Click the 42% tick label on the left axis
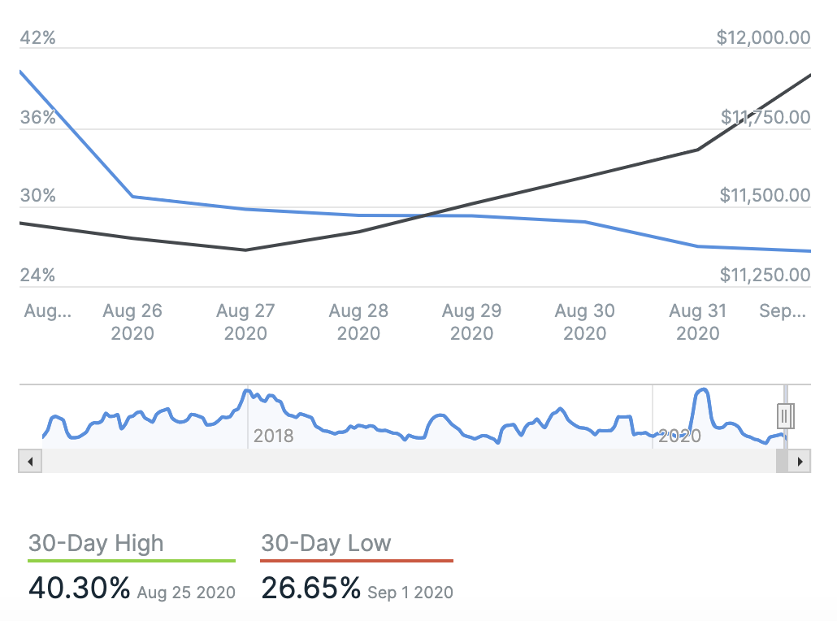pyautogui.click(x=37, y=37)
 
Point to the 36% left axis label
pyautogui.click(x=37, y=117)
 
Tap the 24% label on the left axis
pyautogui.click(x=37, y=275)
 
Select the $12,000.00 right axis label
pyautogui.click(x=763, y=37)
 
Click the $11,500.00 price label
pyautogui.click(x=765, y=196)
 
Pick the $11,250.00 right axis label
pyautogui.click(x=765, y=275)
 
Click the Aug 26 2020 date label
pyautogui.click(x=132, y=322)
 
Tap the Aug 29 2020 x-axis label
pyautogui.click(x=471, y=322)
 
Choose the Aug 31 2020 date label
pyautogui.click(x=697, y=322)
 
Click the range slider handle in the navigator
pyautogui.click(x=785, y=415)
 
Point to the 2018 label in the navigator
pyautogui.click(x=273, y=436)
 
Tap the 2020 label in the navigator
pyautogui.click(x=679, y=436)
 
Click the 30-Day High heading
pyautogui.click(x=96, y=543)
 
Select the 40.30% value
pyautogui.click(x=79, y=588)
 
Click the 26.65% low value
pyautogui.click(x=310, y=588)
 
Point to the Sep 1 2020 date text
pyautogui.click(x=410, y=592)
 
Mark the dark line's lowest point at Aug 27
pyautogui.click(x=245, y=250)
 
